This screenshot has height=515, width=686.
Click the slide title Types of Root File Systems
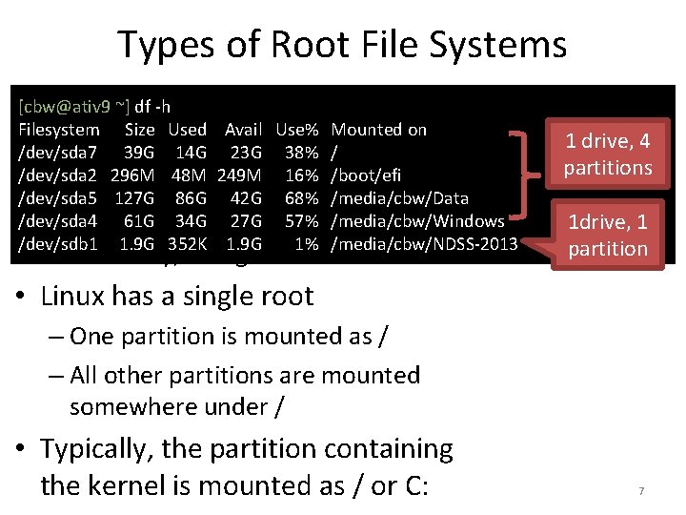point(342,45)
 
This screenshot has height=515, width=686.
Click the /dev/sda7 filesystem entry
point(58,151)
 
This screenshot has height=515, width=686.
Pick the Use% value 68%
point(300,197)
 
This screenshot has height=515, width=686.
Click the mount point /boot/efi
point(366,175)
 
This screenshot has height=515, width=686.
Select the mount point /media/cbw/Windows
point(410,220)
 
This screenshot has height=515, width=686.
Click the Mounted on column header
point(378,129)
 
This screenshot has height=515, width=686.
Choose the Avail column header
point(243,129)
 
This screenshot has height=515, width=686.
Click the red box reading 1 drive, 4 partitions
point(607,154)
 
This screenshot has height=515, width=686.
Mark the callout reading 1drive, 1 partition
point(607,236)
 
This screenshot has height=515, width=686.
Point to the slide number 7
point(641,491)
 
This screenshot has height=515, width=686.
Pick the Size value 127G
point(134,197)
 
